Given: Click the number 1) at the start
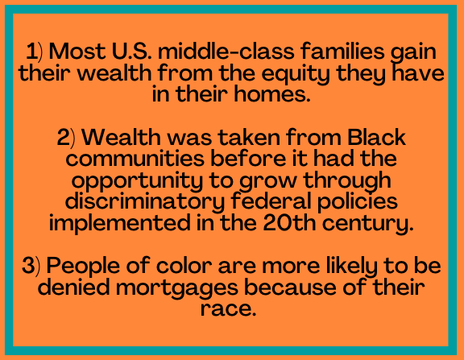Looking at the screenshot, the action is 34,52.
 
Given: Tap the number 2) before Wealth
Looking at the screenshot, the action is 66,138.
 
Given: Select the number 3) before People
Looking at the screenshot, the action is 31,265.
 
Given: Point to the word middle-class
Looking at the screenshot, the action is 226,51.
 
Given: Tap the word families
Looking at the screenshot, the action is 342,51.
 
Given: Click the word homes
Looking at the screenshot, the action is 272,93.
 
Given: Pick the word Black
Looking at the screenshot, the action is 376,137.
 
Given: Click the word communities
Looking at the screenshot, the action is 135,159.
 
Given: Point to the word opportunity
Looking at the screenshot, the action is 137,181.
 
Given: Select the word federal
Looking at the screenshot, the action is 271,201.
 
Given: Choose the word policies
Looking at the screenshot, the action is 358,202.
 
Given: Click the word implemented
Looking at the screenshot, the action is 120,224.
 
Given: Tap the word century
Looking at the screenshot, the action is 368,224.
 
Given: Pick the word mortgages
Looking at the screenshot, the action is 176,288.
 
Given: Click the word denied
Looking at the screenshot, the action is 73,287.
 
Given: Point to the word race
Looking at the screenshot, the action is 228,309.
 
